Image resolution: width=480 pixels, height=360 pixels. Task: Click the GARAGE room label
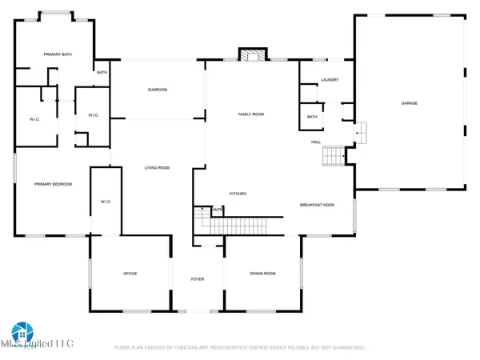[409, 103]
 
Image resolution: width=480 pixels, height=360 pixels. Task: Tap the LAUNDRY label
[330, 80]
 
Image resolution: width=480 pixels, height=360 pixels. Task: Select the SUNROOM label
[157, 90]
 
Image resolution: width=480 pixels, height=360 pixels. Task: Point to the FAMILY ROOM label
[250, 114]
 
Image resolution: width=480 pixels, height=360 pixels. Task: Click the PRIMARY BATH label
[58, 54]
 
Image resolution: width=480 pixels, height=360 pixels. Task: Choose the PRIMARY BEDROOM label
[53, 184]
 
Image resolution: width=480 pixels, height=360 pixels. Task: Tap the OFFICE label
[130, 274]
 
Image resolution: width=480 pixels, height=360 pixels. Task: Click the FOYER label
[198, 279]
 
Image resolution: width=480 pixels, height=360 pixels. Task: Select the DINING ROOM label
[262, 274]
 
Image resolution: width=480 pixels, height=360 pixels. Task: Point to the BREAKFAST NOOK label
[316, 205]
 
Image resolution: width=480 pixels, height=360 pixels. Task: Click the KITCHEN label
[238, 194]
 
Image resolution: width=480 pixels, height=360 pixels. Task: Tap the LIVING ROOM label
[157, 168]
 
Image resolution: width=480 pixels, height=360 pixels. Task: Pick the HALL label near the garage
[316, 142]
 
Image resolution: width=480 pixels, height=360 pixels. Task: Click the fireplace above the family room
[250, 54]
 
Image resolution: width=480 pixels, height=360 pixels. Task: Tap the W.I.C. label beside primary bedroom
[105, 201]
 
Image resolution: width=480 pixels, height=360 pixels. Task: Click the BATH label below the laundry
[311, 118]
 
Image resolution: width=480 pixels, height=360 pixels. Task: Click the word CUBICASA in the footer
[204, 348]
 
